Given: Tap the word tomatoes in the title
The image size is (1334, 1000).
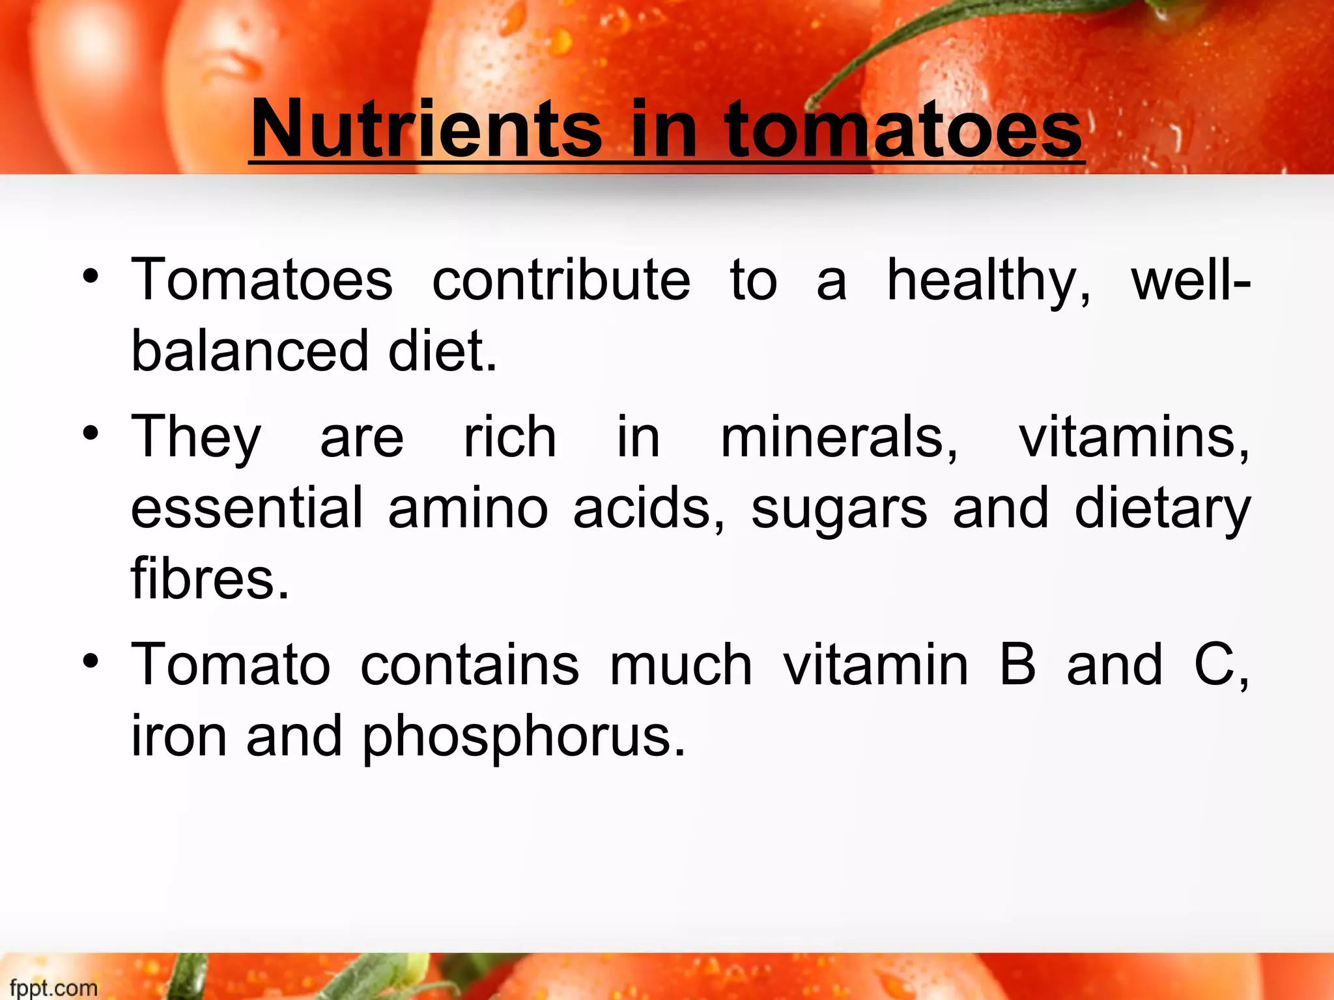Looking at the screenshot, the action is pos(903,128).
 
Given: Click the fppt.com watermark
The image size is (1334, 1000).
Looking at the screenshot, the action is pos(53,987).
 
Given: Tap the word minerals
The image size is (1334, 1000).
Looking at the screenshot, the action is pos(839,437).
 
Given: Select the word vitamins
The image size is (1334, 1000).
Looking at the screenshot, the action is pos(1134,437).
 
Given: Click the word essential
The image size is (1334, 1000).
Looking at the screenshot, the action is pos(247,507).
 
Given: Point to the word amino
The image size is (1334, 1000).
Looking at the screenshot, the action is pos(468,508).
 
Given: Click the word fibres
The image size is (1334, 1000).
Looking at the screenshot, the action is pos(210,577).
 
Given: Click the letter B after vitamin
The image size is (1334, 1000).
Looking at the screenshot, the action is pos(1017,664).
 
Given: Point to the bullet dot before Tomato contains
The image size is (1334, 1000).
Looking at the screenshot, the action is pos(91,661).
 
